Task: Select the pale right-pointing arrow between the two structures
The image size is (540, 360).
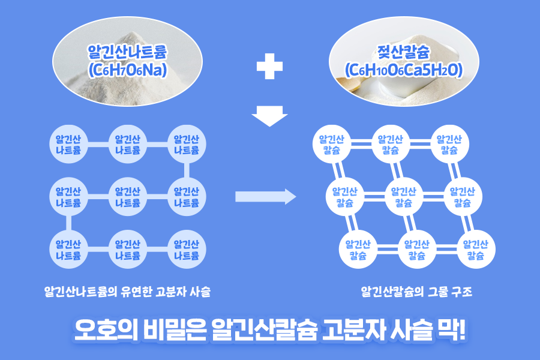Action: click(x=266, y=196)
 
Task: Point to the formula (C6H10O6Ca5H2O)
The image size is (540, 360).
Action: click(x=403, y=70)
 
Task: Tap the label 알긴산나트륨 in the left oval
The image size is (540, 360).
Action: click(x=127, y=52)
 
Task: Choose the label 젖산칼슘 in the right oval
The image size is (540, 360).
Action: click(x=403, y=52)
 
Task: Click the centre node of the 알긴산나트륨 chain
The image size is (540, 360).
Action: click(x=128, y=197)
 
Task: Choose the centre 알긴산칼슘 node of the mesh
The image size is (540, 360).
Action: click(x=404, y=197)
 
